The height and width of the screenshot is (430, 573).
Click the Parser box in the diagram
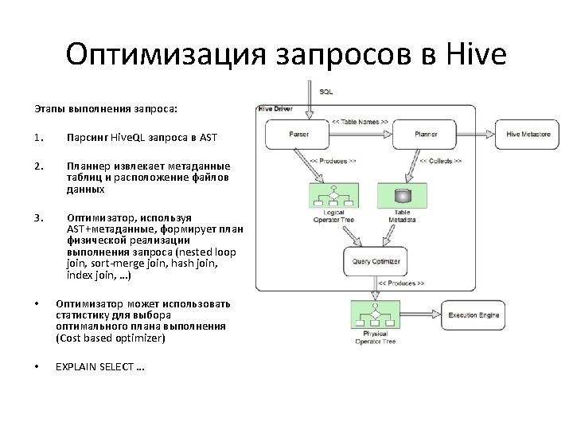(x=298, y=134)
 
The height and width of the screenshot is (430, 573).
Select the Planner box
(x=426, y=134)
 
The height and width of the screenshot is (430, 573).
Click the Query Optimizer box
(x=374, y=260)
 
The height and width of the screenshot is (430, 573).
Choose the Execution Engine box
(x=474, y=315)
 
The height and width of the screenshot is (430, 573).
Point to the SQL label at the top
(x=326, y=92)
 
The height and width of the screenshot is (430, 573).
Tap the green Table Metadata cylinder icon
(x=402, y=196)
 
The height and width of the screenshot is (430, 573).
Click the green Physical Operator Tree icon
(x=373, y=318)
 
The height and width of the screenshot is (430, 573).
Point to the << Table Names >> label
(x=360, y=122)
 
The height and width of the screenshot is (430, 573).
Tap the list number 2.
(x=37, y=166)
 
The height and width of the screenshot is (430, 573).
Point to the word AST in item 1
(x=208, y=137)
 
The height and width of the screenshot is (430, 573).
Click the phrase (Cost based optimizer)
(x=111, y=338)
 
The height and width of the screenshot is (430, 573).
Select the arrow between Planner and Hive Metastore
(x=476, y=134)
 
